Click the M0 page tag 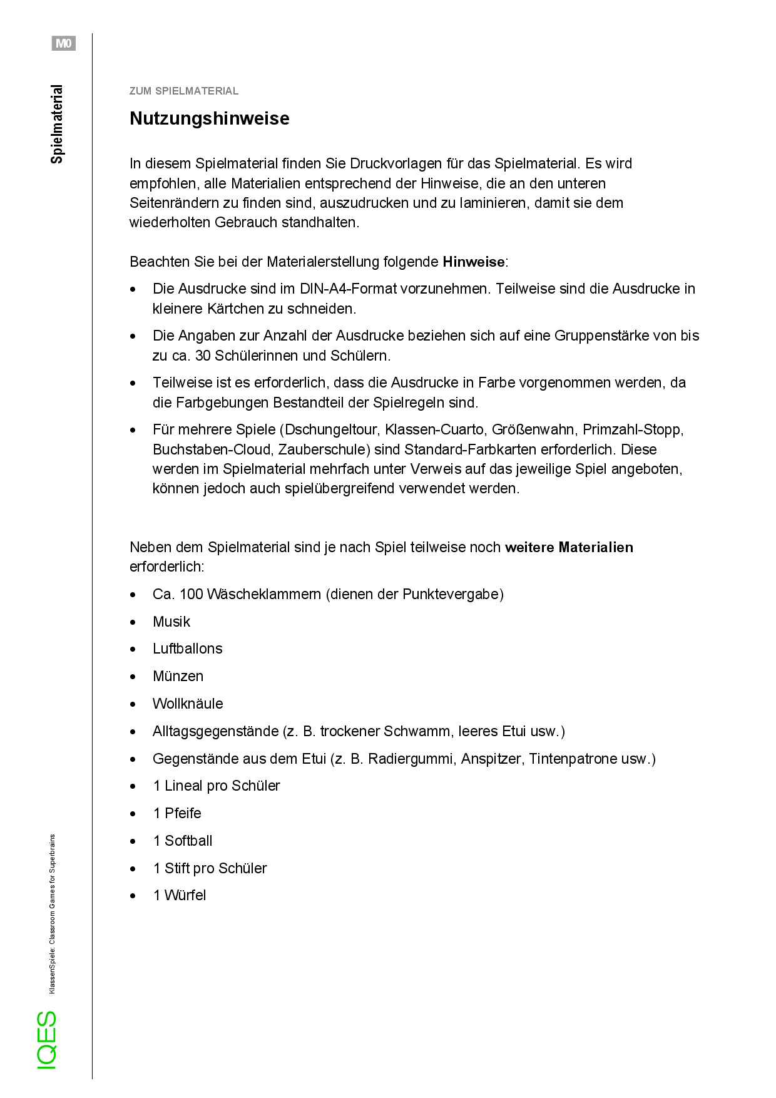pos(63,43)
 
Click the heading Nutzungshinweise pos(209,118)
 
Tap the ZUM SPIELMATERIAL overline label pos(183,91)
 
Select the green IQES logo pos(47,1040)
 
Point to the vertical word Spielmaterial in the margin pos(57,124)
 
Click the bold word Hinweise pos(473,262)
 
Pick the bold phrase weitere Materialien pos(569,547)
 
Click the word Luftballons pos(187,649)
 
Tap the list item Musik pos(171,622)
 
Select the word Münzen pos(178,676)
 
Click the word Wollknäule pos(187,704)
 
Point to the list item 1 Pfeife pos(177,813)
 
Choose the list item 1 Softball pos(183,841)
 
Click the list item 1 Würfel pos(180,895)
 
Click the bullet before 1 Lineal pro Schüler pos(133,786)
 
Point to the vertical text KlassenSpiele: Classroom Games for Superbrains pos(52,913)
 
